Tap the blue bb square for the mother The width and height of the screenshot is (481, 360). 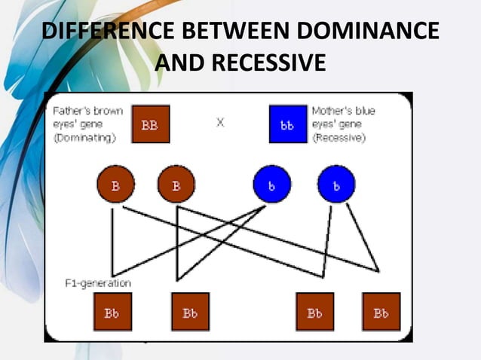(287, 125)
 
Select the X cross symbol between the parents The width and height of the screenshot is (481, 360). (219, 122)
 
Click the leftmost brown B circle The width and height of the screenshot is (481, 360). (115, 184)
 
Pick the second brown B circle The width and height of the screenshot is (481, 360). (176, 184)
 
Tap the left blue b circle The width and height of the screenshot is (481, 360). (271, 184)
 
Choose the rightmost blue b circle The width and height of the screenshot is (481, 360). (336, 184)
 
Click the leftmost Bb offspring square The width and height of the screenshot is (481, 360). (112, 312)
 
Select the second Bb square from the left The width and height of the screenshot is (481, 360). (189, 312)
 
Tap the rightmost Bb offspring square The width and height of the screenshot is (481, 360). (381, 312)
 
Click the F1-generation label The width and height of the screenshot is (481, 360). (98, 283)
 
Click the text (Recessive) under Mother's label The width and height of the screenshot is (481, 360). (339, 139)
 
